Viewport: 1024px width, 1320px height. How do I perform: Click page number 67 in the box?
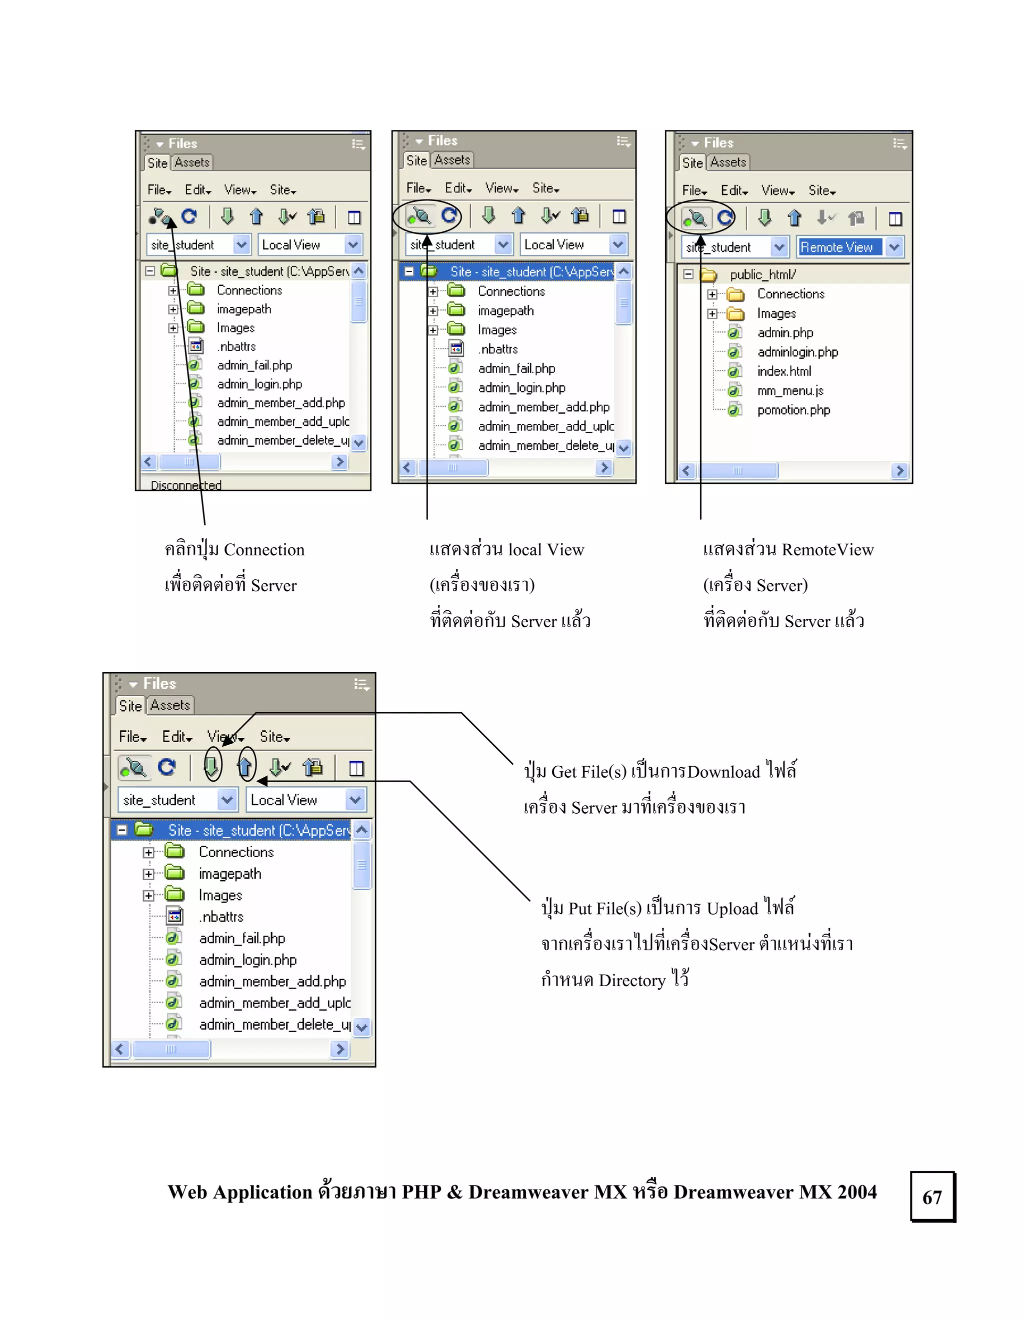[x=931, y=1198]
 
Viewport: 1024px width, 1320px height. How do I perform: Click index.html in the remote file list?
[x=784, y=371]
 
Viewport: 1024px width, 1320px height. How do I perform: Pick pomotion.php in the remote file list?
[x=793, y=410]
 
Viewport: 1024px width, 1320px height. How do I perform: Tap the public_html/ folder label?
[x=762, y=274]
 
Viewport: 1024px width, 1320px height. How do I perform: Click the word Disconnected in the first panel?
[x=186, y=485]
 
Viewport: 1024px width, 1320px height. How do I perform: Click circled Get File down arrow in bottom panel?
[x=211, y=766]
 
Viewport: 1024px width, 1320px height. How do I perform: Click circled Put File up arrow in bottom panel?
[x=245, y=766]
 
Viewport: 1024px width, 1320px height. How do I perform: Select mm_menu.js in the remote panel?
[x=790, y=390]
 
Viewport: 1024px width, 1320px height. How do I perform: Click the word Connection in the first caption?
[x=264, y=550]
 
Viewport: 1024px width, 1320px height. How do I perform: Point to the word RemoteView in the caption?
[x=827, y=550]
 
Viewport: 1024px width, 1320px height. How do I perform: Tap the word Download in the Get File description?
[x=723, y=772]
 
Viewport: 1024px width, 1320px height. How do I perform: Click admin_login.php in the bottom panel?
[x=248, y=960]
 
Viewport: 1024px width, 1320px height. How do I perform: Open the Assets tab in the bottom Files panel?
[x=170, y=705]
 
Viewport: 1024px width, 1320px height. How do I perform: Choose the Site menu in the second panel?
[x=545, y=188]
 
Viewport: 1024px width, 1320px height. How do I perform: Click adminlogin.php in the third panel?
[x=797, y=352]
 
